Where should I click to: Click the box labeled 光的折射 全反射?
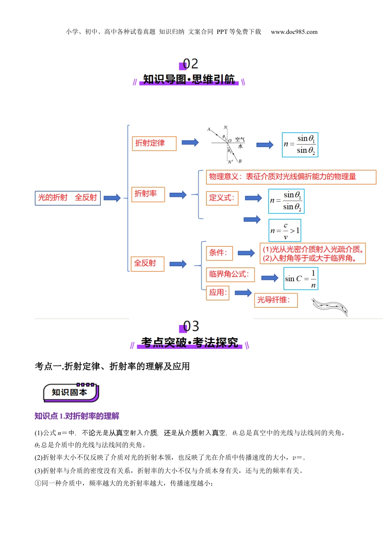(x=68, y=198)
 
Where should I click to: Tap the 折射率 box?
(x=148, y=194)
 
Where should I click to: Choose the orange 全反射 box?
(x=147, y=264)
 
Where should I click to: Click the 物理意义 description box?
(x=291, y=177)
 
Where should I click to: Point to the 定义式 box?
(x=222, y=198)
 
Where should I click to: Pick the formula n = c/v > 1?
(x=285, y=231)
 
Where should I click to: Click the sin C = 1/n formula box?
(x=301, y=279)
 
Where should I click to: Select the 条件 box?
(x=219, y=253)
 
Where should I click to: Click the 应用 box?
(x=218, y=293)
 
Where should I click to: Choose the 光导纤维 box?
(x=276, y=300)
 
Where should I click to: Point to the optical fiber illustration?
(x=330, y=306)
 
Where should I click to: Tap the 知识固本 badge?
(x=71, y=392)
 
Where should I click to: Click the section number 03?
(x=190, y=326)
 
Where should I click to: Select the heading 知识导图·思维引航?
(x=189, y=79)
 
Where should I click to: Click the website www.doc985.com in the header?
(x=294, y=32)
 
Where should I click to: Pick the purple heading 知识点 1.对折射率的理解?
(x=77, y=416)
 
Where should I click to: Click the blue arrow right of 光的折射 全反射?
(x=112, y=198)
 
